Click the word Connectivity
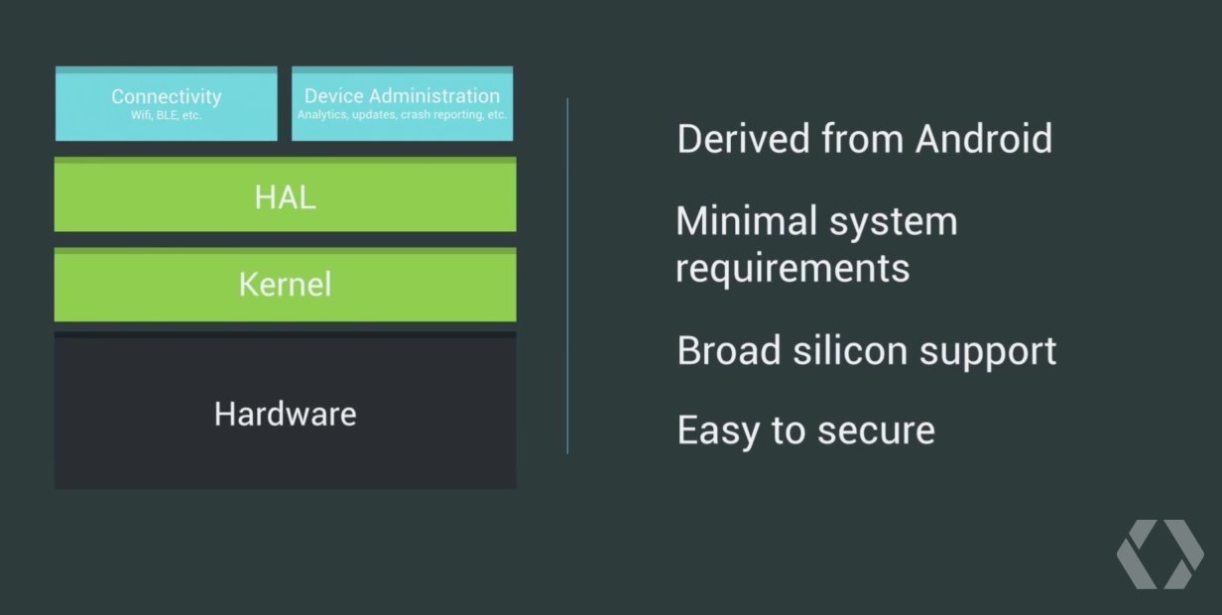[x=167, y=97]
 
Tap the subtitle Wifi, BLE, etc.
[x=167, y=115]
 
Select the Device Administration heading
[x=402, y=96]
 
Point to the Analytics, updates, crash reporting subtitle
[x=402, y=115]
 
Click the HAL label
[x=286, y=197]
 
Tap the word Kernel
[x=286, y=284]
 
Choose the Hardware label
[x=286, y=414]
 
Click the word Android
[x=984, y=139]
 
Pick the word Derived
[x=744, y=139]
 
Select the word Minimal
[x=746, y=220]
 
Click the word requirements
[x=793, y=269]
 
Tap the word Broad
[x=729, y=350]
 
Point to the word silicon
[x=850, y=350]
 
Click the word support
[x=988, y=352]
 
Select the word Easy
[x=718, y=431]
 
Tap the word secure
[x=876, y=431]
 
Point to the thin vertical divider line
[x=567, y=276]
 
